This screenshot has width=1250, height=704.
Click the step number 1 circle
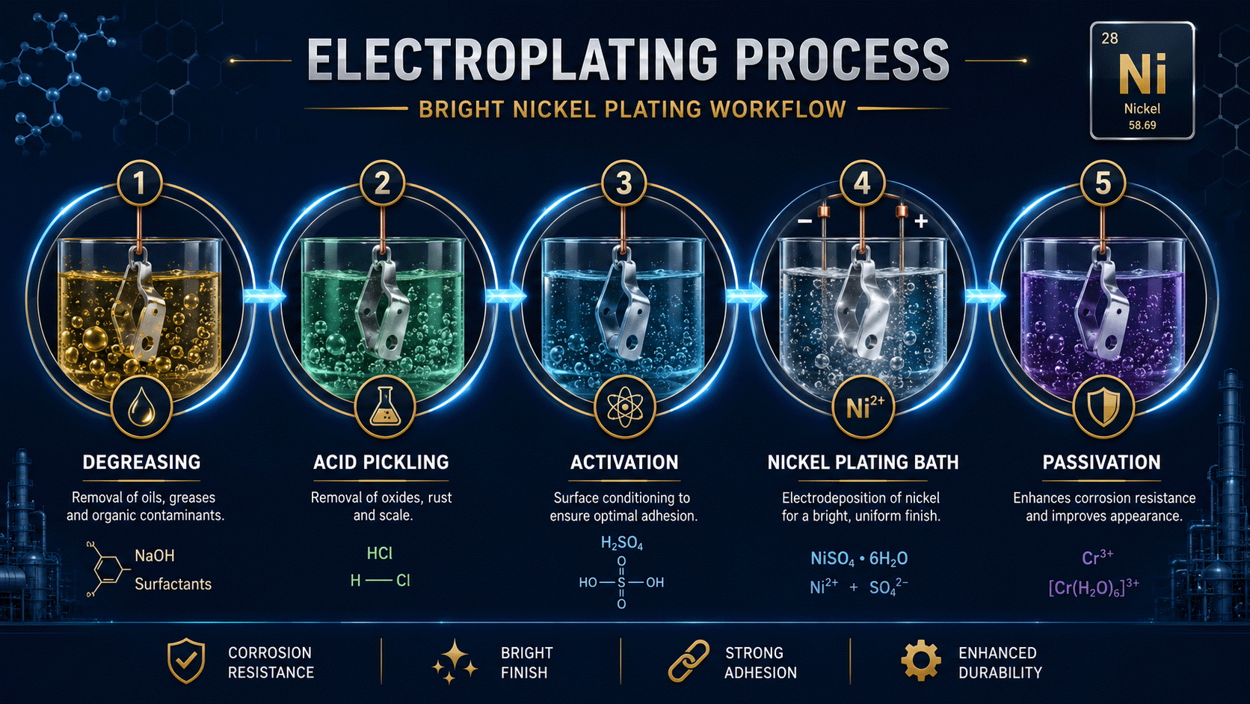tap(140, 183)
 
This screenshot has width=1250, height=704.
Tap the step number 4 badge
tap(862, 183)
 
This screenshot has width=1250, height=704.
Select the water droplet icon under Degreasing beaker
tap(141, 407)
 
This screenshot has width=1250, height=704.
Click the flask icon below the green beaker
tap(384, 407)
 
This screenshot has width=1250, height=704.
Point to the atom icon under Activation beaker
tap(624, 407)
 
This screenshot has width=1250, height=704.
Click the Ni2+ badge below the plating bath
tap(863, 407)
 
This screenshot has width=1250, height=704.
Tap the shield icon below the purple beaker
tap(1103, 407)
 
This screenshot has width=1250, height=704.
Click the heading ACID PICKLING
tap(381, 462)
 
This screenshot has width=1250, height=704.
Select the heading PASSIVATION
tap(1101, 462)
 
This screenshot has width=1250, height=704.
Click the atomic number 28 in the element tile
tap(1109, 38)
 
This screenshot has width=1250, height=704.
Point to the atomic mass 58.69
tap(1142, 125)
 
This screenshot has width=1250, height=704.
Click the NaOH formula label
tap(155, 556)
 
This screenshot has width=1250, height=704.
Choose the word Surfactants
tap(173, 584)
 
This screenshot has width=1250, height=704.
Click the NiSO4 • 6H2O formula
tap(859, 558)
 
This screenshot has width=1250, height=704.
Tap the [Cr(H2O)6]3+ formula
tap(1094, 587)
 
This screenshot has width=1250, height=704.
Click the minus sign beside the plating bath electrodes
tap(804, 221)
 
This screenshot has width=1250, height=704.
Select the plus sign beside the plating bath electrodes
tap(921, 221)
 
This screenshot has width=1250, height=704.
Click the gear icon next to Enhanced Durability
tap(921, 661)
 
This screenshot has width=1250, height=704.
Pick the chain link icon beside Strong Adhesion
tap(689, 661)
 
